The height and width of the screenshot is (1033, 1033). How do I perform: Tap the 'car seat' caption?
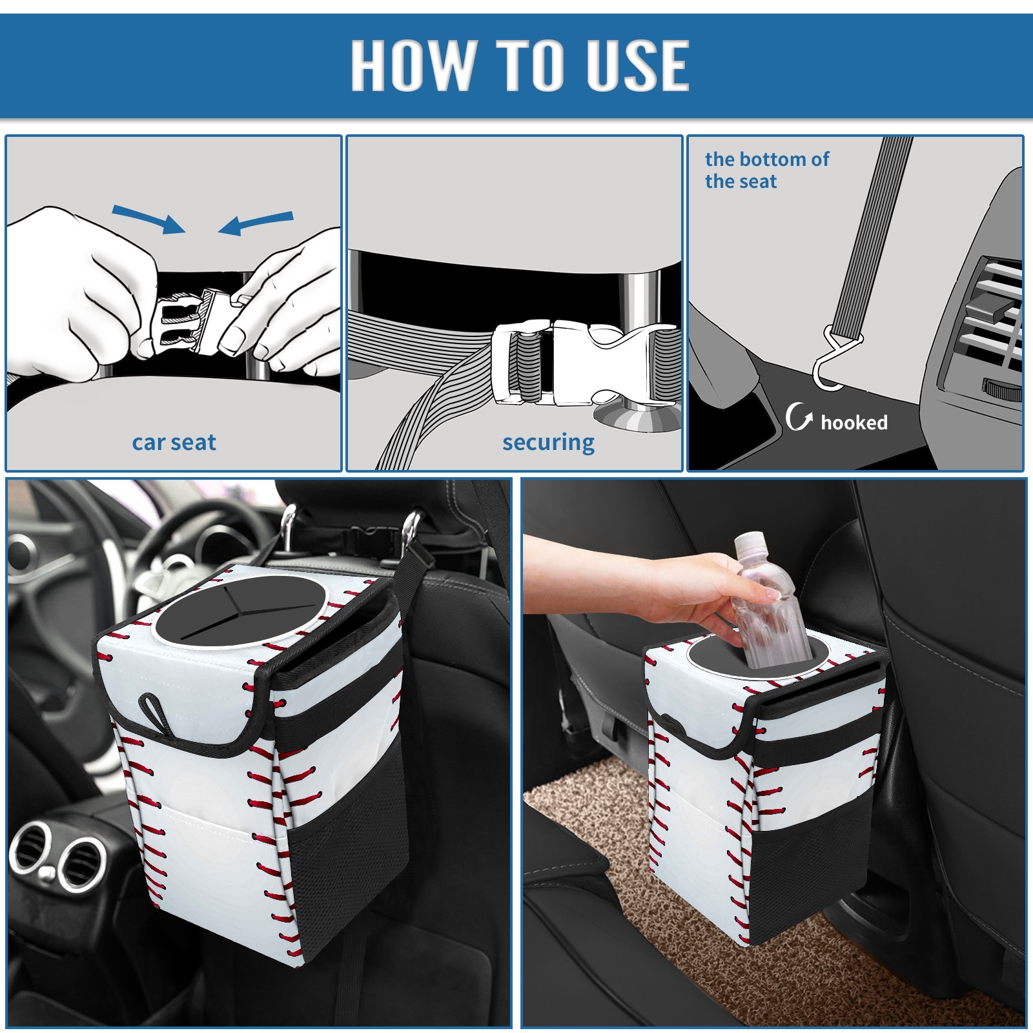(174, 442)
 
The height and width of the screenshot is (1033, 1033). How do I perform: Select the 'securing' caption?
(548, 443)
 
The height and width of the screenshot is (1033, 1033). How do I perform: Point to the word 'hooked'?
(854, 422)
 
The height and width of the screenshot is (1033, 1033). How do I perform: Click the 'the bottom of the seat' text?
(767, 170)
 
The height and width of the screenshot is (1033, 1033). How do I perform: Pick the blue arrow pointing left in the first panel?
(256, 223)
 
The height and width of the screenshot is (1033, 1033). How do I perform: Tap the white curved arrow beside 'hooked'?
(799, 416)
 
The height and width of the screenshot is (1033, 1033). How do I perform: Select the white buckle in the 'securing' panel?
(584, 363)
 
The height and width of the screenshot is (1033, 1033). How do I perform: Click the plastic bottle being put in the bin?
(765, 600)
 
